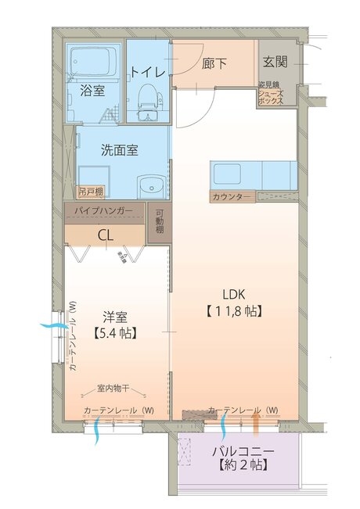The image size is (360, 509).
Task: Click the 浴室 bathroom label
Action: pos(92,90)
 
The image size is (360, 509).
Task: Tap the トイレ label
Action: pos(148,71)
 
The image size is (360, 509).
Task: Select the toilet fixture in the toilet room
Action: pos(148,98)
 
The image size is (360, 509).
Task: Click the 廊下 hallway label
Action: pos(214,63)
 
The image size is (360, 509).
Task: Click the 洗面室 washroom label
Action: pos(120,149)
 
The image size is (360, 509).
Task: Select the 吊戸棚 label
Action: pos(90,190)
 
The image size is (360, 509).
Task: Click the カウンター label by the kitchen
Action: pos(232,196)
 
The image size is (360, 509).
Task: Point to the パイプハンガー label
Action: pos(103,211)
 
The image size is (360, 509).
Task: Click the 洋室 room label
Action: pos(116,317)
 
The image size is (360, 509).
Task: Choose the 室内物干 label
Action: pos(113,388)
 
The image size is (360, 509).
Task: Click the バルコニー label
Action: pos(243,452)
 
